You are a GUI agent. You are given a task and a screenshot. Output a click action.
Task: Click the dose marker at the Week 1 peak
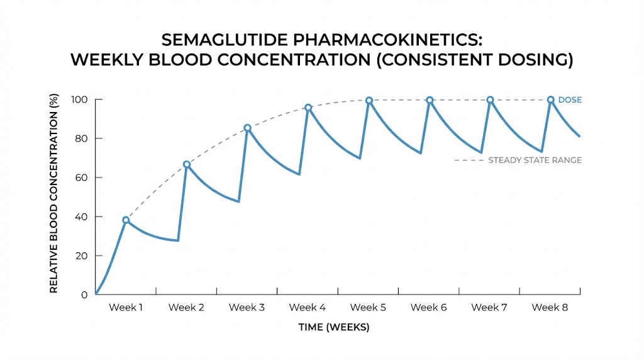[x=126, y=220]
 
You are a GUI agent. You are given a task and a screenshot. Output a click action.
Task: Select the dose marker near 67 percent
[x=187, y=164]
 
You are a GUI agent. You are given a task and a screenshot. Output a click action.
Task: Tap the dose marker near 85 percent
[x=247, y=128]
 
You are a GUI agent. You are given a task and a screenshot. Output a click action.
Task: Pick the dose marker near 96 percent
[x=308, y=108]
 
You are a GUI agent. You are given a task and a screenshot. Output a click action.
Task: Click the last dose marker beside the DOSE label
[x=550, y=99]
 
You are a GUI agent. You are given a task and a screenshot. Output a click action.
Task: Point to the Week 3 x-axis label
[x=247, y=307]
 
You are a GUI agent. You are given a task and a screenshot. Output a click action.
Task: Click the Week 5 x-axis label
[x=368, y=307]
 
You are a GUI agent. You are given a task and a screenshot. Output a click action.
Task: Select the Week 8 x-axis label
[x=550, y=307]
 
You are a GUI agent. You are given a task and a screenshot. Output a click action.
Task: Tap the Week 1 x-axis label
[x=126, y=307]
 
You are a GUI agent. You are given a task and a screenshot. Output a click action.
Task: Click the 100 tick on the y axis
[x=79, y=99]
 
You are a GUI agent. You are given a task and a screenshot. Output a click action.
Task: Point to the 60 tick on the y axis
[x=81, y=177]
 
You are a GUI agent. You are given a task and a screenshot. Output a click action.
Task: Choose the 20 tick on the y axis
[x=81, y=256]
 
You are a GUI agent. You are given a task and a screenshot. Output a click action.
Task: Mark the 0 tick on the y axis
[x=84, y=295]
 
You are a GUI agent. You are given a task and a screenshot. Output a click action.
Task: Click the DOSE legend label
[x=570, y=99]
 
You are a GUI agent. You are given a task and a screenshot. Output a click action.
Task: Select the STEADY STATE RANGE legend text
[x=535, y=160]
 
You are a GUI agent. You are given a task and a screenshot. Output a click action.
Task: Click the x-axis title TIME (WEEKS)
[x=333, y=327]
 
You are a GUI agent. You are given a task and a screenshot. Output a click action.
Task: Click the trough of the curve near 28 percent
[x=178, y=240]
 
